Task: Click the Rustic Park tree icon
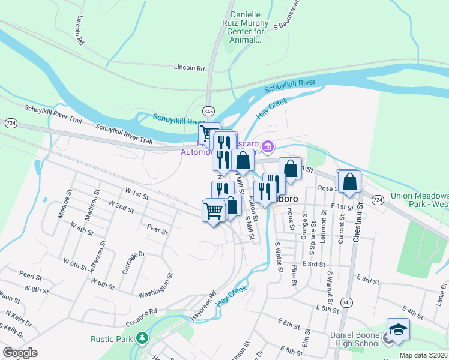click(x=142, y=338)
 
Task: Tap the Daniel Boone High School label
click(x=355, y=338)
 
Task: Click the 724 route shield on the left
click(x=10, y=122)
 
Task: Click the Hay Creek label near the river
click(x=272, y=107)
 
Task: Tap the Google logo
click(x=19, y=353)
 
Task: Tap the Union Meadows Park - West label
click(x=419, y=200)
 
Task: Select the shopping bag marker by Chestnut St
click(x=350, y=182)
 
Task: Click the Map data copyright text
click(x=424, y=355)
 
